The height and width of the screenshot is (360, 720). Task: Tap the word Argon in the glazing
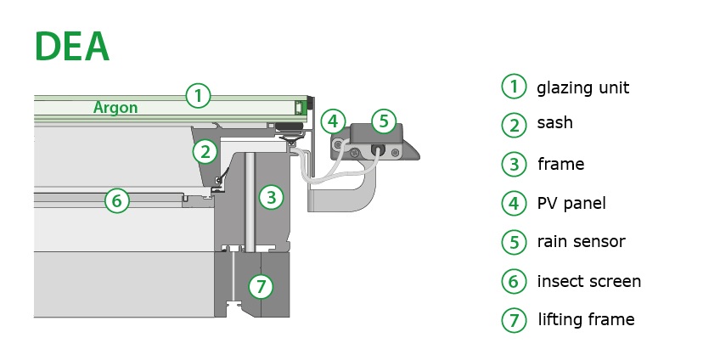(x=115, y=108)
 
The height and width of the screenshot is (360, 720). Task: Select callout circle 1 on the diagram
(x=197, y=95)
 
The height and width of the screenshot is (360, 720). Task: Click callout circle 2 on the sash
(x=204, y=152)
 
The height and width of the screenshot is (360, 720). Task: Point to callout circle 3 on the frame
(x=270, y=198)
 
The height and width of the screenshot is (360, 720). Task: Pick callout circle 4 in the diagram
(x=334, y=121)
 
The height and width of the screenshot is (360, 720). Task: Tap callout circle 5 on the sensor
(x=383, y=121)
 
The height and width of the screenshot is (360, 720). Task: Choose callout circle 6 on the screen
(x=117, y=201)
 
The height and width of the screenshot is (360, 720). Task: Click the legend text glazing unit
(x=582, y=87)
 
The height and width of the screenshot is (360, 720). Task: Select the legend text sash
(x=554, y=123)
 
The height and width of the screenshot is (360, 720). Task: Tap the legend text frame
(x=560, y=164)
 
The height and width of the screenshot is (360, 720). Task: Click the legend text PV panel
(x=571, y=203)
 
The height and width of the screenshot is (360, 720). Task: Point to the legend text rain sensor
(x=581, y=241)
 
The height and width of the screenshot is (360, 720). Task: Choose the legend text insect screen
(x=588, y=281)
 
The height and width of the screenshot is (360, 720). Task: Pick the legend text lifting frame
(x=586, y=320)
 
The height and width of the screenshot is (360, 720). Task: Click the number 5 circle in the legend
(x=514, y=242)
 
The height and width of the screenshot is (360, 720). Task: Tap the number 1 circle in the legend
(x=514, y=87)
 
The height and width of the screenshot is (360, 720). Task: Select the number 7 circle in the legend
(x=514, y=320)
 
